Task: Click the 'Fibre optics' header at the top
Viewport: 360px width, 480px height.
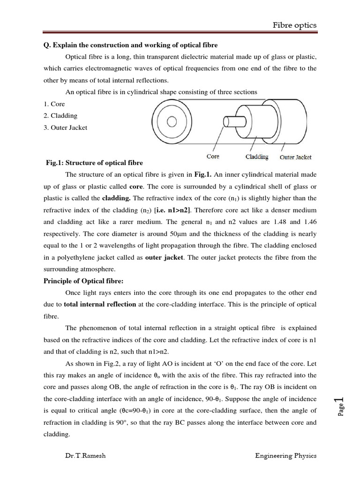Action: pos(295,25)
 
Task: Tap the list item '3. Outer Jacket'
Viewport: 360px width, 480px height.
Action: pos(65,127)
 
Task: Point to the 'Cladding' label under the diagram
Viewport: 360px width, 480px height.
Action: pos(257,157)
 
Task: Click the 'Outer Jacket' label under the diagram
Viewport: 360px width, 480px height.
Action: pos(295,157)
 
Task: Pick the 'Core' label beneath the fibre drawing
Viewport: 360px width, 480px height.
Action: pos(213,157)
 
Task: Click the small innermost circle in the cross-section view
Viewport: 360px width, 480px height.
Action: pos(172,122)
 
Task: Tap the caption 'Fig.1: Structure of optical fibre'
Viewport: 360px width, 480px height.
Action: pos(94,163)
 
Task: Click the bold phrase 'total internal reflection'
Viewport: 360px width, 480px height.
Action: pos(100,304)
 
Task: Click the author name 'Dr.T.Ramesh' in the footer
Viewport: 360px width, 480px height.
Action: pos(86,455)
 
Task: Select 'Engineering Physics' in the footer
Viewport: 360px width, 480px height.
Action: pos(286,455)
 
